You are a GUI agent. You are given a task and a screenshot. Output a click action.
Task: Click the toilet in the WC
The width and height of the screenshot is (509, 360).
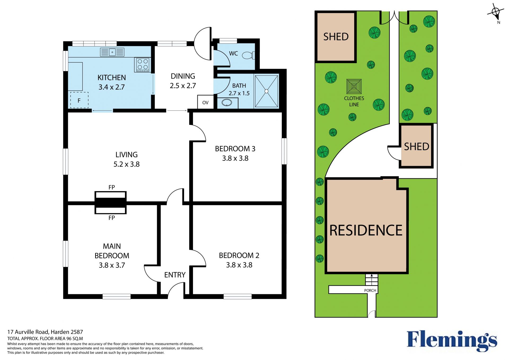(x=249, y=55)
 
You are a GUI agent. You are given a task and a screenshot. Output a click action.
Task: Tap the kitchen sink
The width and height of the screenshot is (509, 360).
(x=112, y=52)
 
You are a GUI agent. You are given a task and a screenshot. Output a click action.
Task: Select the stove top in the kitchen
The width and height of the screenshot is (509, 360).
(x=143, y=64)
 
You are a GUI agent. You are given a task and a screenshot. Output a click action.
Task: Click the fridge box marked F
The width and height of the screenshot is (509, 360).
(x=79, y=100)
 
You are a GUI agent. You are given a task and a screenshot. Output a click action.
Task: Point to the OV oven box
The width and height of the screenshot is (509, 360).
(x=205, y=102)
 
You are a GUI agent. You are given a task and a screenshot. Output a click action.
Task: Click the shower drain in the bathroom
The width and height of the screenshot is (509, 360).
(x=266, y=91)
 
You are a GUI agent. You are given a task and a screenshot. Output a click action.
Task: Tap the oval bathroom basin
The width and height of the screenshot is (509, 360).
(x=227, y=103)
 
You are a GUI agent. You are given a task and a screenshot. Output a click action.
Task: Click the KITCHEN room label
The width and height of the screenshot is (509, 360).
(x=112, y=78)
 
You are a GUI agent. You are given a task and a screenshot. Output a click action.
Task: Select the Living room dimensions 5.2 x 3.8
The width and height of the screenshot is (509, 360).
(x=126, y=164)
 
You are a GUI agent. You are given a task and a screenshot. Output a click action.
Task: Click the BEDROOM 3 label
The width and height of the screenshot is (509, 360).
(x=235, y=149)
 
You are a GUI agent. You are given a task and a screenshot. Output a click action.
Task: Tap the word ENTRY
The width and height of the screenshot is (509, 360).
(x=175, y=275)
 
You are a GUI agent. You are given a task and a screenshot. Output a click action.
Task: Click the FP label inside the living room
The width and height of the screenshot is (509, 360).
(x=112, y=187)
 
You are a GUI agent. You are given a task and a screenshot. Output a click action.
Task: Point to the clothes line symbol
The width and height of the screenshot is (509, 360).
(x=354, y=86)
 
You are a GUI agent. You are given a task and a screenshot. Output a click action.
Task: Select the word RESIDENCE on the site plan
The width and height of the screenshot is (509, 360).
(x=366, y=230)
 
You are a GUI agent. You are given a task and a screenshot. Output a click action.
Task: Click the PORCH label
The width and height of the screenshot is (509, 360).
(x=370, y=290)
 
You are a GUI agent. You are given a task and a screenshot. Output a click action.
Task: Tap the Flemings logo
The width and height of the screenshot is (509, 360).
(x=452, y=341)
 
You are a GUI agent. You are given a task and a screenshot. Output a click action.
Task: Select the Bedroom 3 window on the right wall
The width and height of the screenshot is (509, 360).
(x=284, y=151)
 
